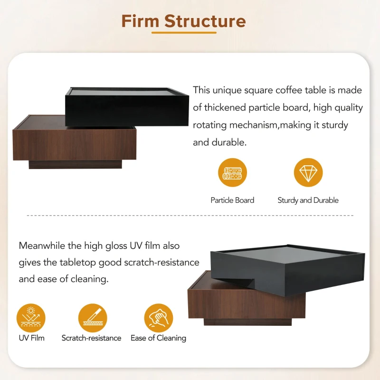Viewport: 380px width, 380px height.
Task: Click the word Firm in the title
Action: pos(140,21)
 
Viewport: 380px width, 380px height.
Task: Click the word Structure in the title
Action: pos(205,21)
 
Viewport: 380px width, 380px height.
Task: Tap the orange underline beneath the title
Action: pos(184,32)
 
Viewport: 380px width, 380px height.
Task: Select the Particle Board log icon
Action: pos(232,172)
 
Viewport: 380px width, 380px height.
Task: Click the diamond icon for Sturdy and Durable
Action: pos(308,172)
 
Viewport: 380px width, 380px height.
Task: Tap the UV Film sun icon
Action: pos(31,318)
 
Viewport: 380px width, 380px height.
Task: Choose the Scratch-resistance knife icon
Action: pos(93,318)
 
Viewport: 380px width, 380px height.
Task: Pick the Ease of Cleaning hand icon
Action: pos(159,318)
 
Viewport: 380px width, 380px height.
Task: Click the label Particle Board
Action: pos(232,200)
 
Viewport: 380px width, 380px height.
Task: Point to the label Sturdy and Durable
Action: pos(308,200)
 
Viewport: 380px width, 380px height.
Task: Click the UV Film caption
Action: pos(31,338)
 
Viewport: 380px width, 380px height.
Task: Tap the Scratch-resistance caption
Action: pos(91,338)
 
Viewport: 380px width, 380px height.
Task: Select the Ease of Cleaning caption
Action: pos(158,338)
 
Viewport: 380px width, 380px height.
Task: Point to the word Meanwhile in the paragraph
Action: pos(42,246)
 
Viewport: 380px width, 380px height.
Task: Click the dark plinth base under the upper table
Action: pos(75,164)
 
